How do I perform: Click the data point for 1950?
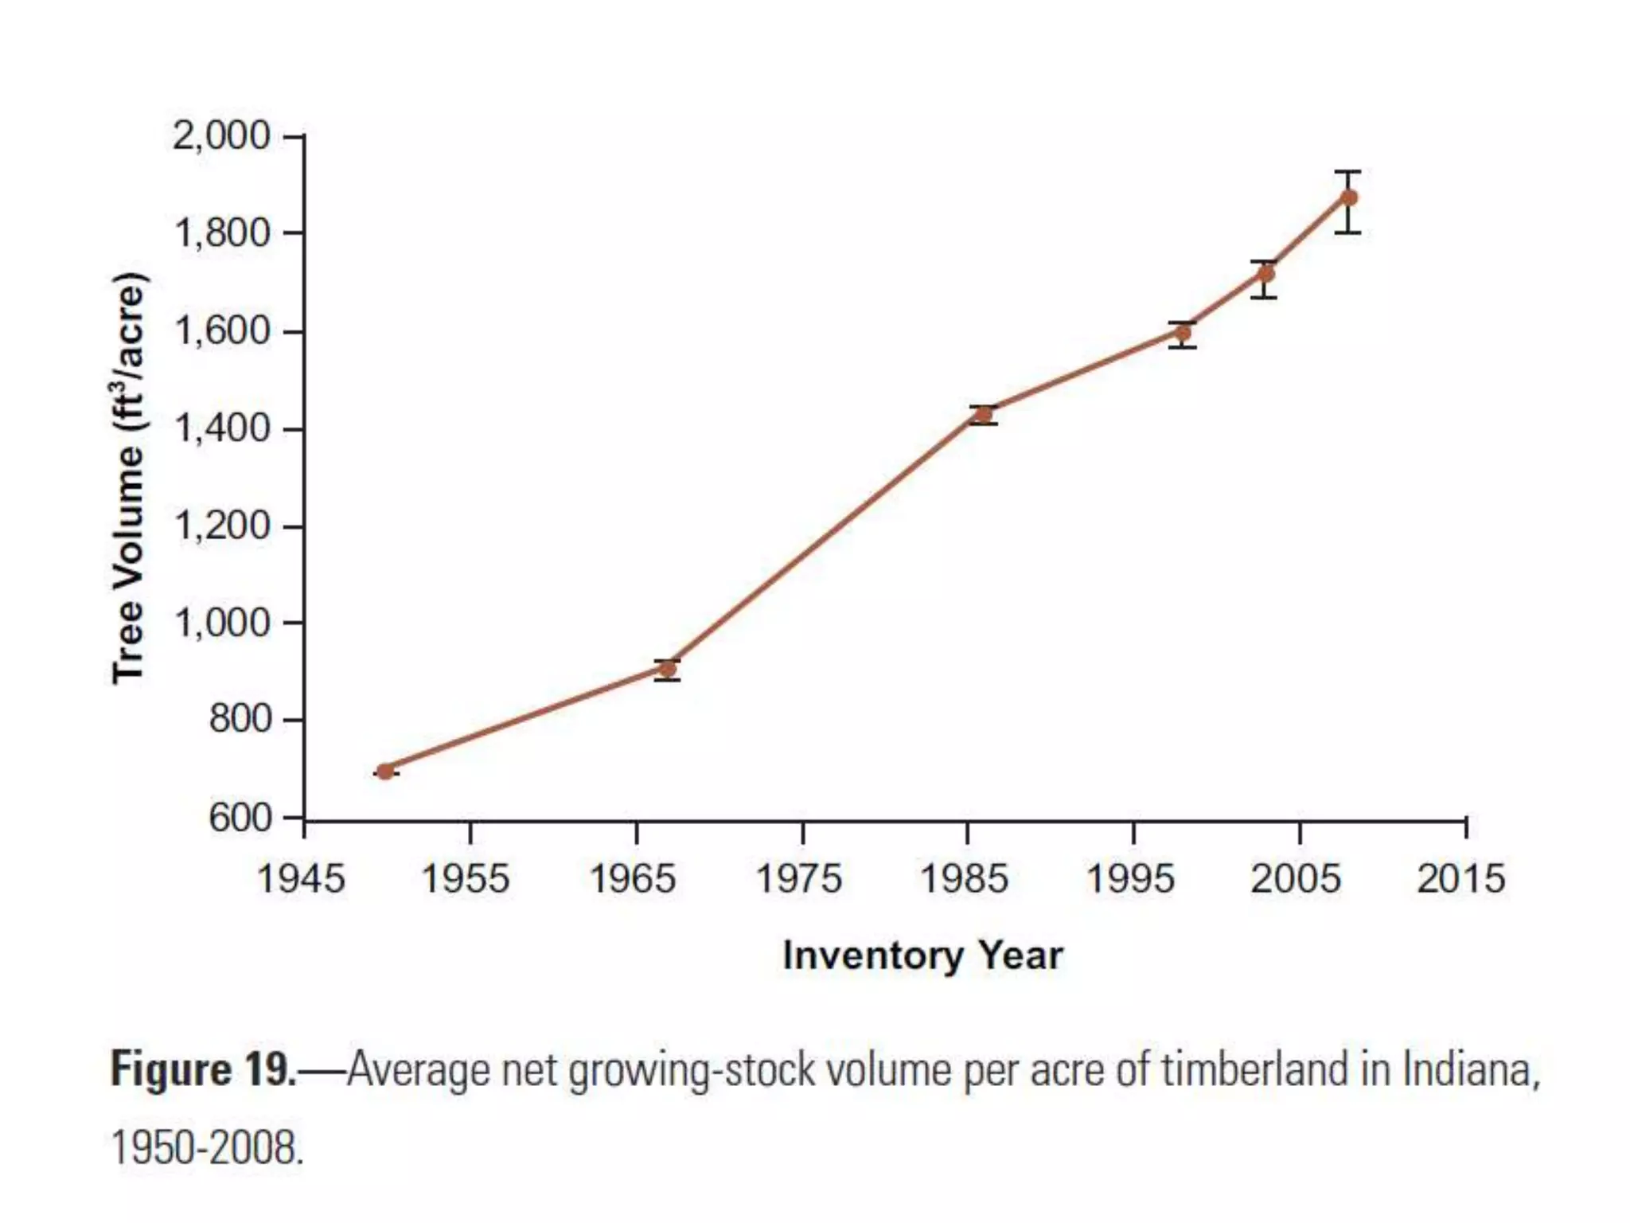click(x=385, y=771)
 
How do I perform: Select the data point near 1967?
click(x=668, y=669)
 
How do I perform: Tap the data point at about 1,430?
click(x=984, y=414)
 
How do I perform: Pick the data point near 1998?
click(x=1184, y=333)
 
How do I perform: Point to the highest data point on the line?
click(x=1349, y=197)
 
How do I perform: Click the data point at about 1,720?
click(x=1265, y=274)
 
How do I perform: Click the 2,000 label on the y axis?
click(x=222, y=136)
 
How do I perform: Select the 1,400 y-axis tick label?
click(x=222, y=429)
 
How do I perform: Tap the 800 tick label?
click(x=240, y=720)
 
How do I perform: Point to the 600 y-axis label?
click(x=240, y=818)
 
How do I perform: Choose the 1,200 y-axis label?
click(x=222, y=526)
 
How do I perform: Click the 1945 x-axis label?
click(x=301, y=879)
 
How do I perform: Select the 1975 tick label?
click(x=798, y=879)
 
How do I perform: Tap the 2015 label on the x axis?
click(x=1461, y=879)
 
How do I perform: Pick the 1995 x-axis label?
click(x=1130, y=879)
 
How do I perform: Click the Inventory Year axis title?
click(x=922, y=955)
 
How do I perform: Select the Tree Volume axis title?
click(x=128, y=478)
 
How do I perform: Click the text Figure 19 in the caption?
click(x=202, y=1069)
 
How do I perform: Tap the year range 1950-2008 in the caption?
click(x=207, y=1148)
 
